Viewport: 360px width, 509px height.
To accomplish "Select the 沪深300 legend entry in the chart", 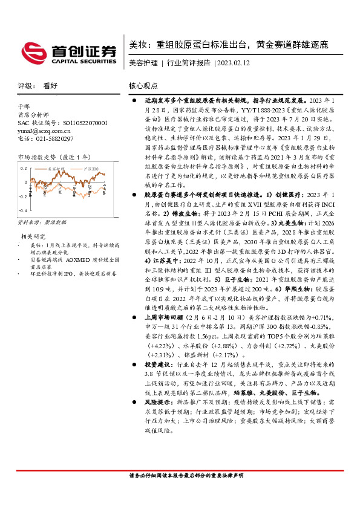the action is point(91,169).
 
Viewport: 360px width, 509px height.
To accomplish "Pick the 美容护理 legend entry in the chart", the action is point(57,169).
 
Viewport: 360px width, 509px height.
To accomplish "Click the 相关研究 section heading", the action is point(34,236).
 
